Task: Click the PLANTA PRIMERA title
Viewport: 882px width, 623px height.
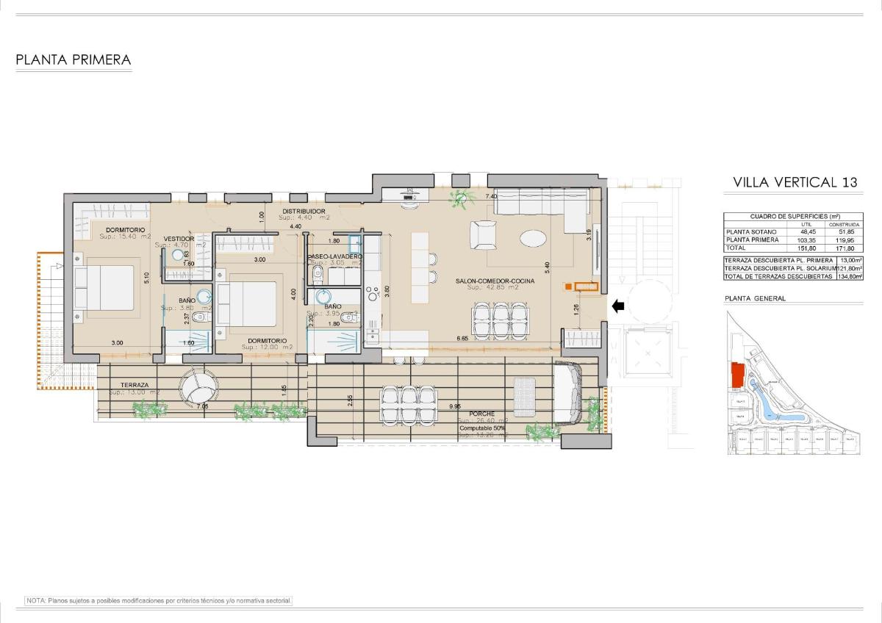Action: click(73, 60)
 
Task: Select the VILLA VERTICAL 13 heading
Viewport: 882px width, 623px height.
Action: click(795, 183)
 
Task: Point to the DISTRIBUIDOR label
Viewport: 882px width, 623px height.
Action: click(304, 212)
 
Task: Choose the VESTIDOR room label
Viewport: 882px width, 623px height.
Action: click(179, 239)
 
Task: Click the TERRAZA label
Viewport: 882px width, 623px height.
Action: click(135, 385)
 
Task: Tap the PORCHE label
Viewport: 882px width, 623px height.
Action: click(483, 414)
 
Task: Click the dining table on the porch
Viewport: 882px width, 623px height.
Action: click(400, 405)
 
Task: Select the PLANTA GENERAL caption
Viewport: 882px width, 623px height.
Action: click(755, 298)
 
